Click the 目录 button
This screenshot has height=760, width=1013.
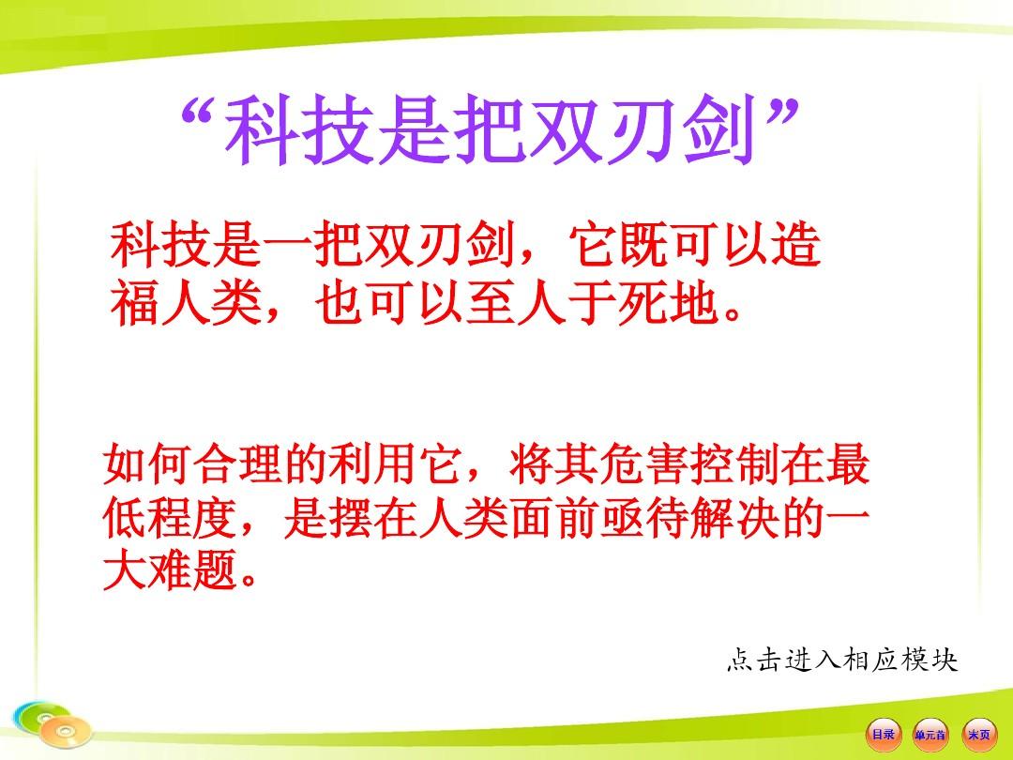pyautogui.click(x=884, y=734)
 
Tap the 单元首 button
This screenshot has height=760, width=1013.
pyautogui.click(x=930, y=735)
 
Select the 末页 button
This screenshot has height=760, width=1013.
pyautogui.click(x=978, y=735)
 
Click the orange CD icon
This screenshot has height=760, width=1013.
pyautogui.click(x=65, y=731)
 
